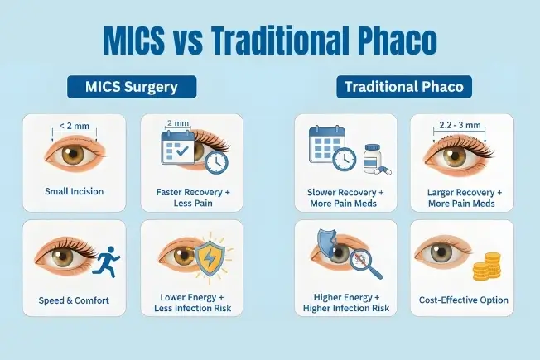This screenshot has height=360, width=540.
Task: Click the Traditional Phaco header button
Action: (x=404, y=87)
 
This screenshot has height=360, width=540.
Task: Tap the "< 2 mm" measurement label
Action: (x=74, y=126)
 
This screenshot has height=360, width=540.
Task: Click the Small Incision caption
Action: (x=74, y=191)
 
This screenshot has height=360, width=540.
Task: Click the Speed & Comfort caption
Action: (x=74, y=300)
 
